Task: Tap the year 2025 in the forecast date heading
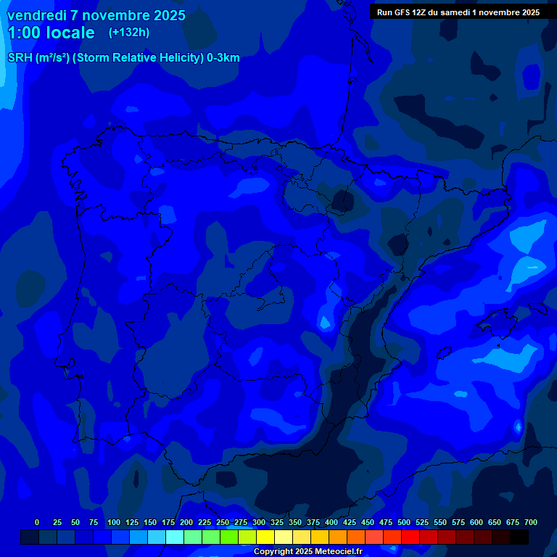pos(167,15)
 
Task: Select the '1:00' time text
pos(26,33)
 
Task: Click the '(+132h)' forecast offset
pos(128,33)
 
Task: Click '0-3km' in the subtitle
pos(223,58)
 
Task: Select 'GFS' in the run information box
pos(400,12)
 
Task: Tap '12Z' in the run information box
pos(419,12)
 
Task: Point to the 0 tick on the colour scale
pos(37,522)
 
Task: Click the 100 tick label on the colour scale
pos(114,522)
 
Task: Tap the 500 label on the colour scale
pos(404,522)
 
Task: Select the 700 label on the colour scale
pos(531,522)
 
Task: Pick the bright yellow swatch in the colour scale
pos(265,537)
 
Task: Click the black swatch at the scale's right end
pos(519,537)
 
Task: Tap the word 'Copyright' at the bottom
pos(273,552)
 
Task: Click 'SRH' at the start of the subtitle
pos(20,58)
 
